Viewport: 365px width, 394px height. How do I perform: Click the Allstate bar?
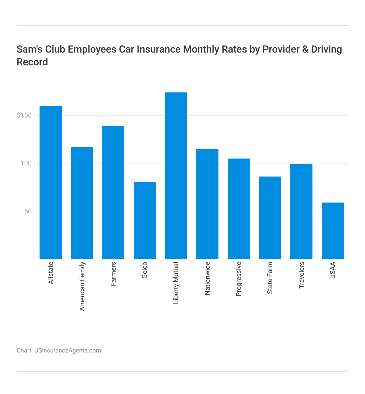click(51, 182)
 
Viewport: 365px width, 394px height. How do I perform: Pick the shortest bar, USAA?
click(333, 231)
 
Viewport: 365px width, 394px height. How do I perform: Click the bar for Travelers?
click(301, 211)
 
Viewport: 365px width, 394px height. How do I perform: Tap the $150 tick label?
click(24, 115)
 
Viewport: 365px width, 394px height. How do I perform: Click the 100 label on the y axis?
click(26, 163)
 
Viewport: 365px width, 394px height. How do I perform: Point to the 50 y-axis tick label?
click(28, 211)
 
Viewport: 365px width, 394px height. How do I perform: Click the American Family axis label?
click(82, 286)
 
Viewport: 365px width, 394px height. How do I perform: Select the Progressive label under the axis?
click(239, 279)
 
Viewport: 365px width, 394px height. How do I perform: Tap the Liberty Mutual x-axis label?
click(176, 283)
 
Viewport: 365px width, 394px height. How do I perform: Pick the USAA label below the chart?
click(333, 270)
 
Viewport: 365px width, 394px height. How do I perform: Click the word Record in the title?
click(32, 62)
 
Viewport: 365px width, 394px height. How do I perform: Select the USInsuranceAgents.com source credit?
click(67, 351)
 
